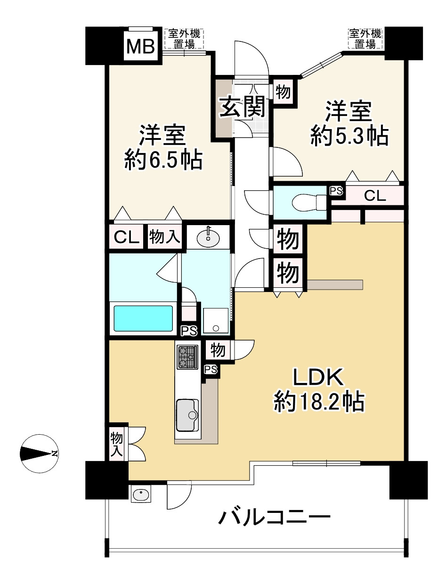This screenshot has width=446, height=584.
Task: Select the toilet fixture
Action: [x=309, y=203]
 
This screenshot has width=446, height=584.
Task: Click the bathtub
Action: [x=143, y=318]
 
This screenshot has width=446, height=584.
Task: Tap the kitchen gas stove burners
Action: [x=188, y=357]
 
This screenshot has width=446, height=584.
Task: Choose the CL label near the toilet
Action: [x=375, y=196]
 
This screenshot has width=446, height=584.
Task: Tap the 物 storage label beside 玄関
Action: [x=283, y=92]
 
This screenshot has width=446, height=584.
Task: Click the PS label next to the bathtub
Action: [x=189, y=331]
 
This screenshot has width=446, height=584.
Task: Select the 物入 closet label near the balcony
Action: [x=116, y=445]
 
